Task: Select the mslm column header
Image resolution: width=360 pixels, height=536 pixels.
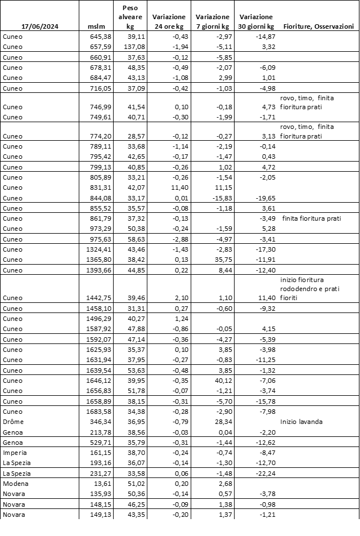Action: (x=96, y=26)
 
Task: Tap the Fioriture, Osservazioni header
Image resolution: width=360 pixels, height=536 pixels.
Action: (x=318, y=26)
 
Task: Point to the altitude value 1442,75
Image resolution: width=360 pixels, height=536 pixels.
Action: (x=101, y=297)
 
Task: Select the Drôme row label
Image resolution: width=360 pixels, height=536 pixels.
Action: (x=13, y=421)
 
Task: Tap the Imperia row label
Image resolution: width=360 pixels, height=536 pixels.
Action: (x=15, y=452)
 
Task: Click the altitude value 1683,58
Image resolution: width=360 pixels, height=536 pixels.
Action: (x=101, y=411)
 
